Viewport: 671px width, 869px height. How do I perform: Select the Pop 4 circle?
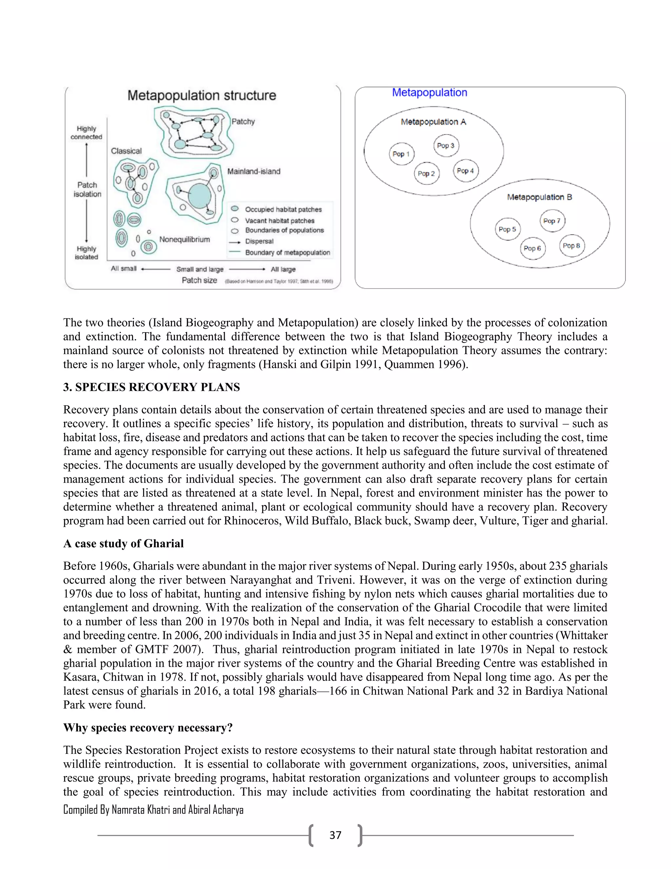pos(466,171)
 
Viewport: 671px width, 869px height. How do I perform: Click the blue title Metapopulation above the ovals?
pos(429,92)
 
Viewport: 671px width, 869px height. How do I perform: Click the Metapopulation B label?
pos(539,197)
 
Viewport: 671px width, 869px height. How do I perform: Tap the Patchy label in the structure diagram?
pos(243,121)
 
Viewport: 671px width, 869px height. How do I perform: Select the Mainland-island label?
pos(254,171)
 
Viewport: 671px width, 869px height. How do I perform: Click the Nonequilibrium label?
pos(184,239)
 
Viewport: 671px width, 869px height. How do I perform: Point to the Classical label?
pos(126,151)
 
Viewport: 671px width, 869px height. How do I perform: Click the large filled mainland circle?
pos(200,195)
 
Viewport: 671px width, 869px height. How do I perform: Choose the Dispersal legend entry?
pos(259,241)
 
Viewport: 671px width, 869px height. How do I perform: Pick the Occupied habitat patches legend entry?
pos(283,209)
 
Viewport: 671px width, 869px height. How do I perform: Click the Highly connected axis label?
pos(86,132)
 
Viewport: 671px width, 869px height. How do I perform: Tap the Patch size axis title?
pos(199,280)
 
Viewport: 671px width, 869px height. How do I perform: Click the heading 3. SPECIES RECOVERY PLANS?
pos(151,387)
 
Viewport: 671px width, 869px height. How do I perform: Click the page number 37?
pos(335,835)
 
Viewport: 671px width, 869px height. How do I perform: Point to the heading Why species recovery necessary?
pos(148,727)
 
